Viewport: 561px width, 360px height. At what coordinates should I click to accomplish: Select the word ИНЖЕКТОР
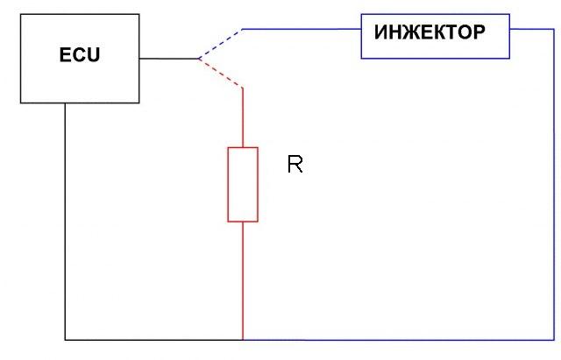point(430,33)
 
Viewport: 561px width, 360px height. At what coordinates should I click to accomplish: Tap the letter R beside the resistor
point(295,165)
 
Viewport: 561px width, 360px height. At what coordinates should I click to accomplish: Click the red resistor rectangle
point(243,184)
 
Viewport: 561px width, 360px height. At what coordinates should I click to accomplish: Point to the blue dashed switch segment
point(220,43)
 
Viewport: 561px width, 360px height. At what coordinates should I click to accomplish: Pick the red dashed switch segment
point(220,74)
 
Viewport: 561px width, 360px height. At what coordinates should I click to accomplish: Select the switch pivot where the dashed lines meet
point(198,60)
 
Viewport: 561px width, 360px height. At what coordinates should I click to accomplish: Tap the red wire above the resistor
point(243,117)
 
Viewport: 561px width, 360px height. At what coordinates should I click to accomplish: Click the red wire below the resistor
point(243,280)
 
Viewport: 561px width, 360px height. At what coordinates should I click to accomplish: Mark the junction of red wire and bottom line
point(243,339)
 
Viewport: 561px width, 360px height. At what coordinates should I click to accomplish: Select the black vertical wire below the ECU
point(65,219)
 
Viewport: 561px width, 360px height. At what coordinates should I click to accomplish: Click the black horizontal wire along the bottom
point(153,339)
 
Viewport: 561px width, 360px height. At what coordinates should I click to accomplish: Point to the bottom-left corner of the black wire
point(65,339)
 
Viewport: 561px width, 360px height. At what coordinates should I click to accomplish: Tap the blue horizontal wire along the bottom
point(394,339)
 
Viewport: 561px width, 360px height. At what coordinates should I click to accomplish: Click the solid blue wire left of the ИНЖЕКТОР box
point(302,29)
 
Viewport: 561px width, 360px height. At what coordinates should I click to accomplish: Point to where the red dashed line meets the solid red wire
point(243,88)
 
